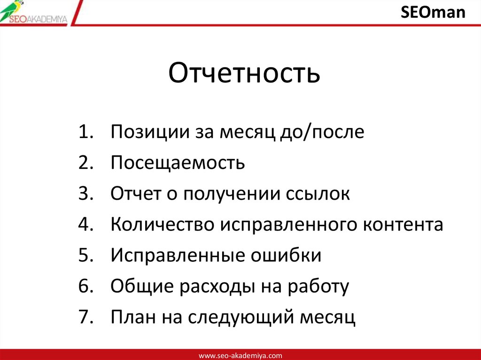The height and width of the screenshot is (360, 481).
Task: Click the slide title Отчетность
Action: [244, 74]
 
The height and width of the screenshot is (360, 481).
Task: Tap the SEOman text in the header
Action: [433, 12]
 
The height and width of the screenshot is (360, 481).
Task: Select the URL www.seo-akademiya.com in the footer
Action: [240, 355]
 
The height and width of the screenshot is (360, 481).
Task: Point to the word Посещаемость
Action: [178, 163]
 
